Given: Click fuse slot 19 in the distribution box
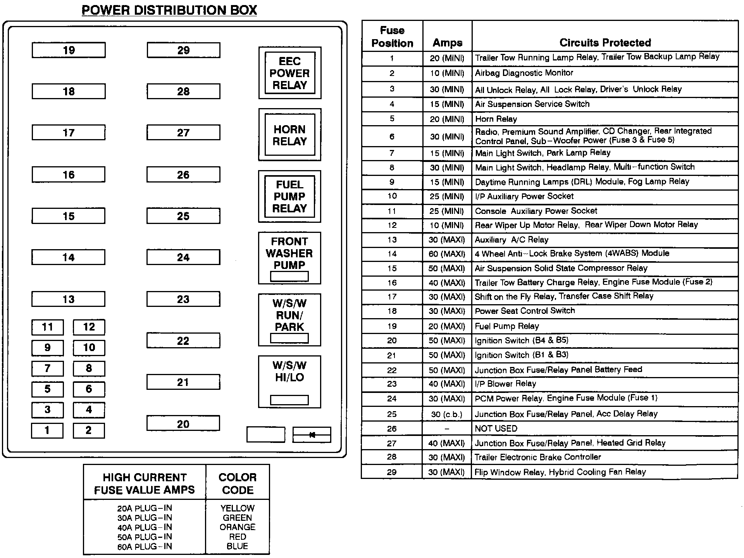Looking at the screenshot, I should click(69, 50).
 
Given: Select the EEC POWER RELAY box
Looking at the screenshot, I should click(290, 73).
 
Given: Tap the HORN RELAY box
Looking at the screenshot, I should click(290, 135).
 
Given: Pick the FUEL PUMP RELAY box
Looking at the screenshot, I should click(290, 196).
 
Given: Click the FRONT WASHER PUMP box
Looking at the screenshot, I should click(289, 258).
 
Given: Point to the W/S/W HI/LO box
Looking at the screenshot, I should click(289, 381).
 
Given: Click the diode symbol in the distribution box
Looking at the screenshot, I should click(312, 435).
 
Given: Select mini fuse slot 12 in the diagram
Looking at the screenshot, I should click(89, 327).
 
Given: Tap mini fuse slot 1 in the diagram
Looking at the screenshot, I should click(47, 430).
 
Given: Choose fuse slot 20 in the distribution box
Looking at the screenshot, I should click(183, 424).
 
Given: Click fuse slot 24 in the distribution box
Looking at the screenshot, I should click(183, 257).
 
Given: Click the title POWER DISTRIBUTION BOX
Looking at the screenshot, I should click(169, 10).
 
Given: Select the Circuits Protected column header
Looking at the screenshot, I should click(605, 42).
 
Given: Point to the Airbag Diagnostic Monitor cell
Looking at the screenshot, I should click(524, 73).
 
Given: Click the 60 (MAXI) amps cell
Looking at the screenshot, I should click(447, 254).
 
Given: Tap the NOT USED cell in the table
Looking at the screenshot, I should click(496, 429).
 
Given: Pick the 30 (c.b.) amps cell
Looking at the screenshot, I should click(447, 414).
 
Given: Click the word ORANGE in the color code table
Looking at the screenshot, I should click(238, 527).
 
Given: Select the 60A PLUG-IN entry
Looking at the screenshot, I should click(145, 546).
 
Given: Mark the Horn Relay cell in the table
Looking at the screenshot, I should click(496, 119).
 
